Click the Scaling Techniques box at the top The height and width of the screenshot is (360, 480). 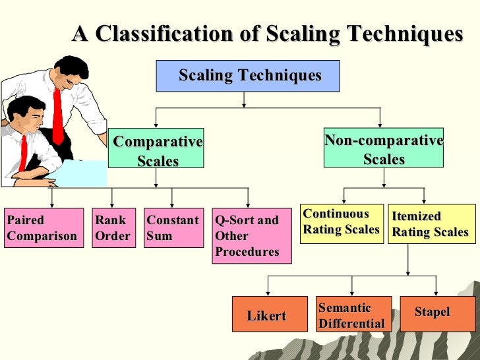point(248,76)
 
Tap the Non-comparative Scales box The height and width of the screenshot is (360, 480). point(383,149)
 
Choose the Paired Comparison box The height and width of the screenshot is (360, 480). point(44,228)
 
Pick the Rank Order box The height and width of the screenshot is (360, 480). point(113,228)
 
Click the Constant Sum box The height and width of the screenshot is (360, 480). point(173,228)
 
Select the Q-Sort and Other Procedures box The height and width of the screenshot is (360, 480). point(251,236)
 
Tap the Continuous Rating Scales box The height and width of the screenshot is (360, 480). point(341,224)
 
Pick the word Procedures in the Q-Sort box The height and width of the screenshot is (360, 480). point(247,252)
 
